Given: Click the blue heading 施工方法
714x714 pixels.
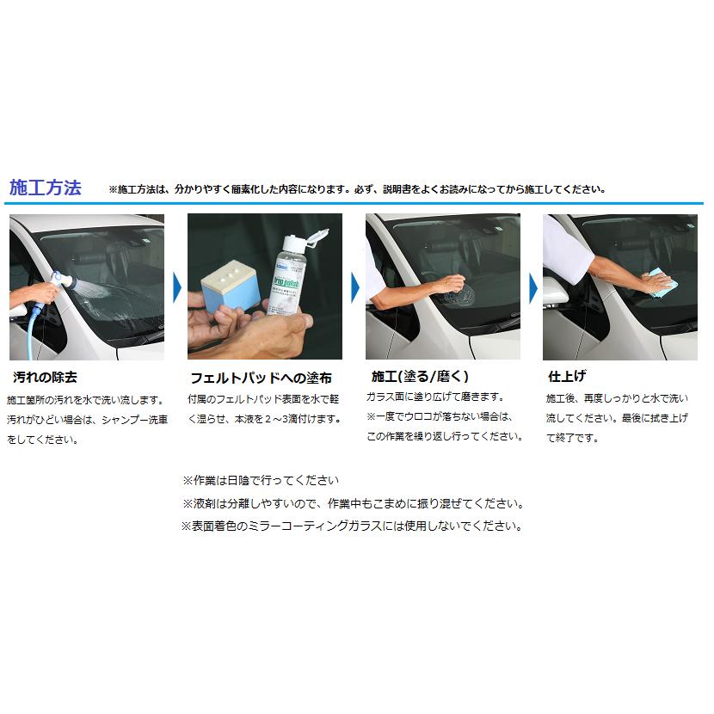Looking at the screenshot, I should (x=45, y=188).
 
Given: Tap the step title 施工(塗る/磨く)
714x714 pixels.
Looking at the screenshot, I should (x=419, y=376).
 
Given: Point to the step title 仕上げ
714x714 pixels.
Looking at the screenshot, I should (x=567, y=376).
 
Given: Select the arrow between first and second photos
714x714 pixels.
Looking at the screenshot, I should (x=176, y=286).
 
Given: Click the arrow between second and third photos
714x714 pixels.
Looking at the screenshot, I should (x=354, y=286).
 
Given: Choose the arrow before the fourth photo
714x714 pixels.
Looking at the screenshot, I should (x=532, y=286).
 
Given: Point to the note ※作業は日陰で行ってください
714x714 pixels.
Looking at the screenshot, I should (x=261, y=479).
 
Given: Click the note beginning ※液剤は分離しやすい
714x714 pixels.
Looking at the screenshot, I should (x=353, y=502).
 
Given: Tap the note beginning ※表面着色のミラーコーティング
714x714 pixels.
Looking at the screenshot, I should (x=351, y=525).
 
